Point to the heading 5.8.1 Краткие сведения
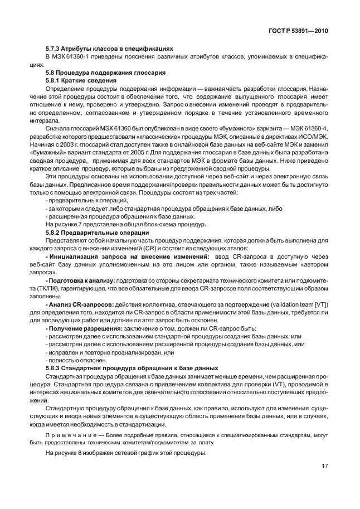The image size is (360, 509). click(x=79, y=81)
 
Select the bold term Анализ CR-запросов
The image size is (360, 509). click(x=81, y=304)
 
